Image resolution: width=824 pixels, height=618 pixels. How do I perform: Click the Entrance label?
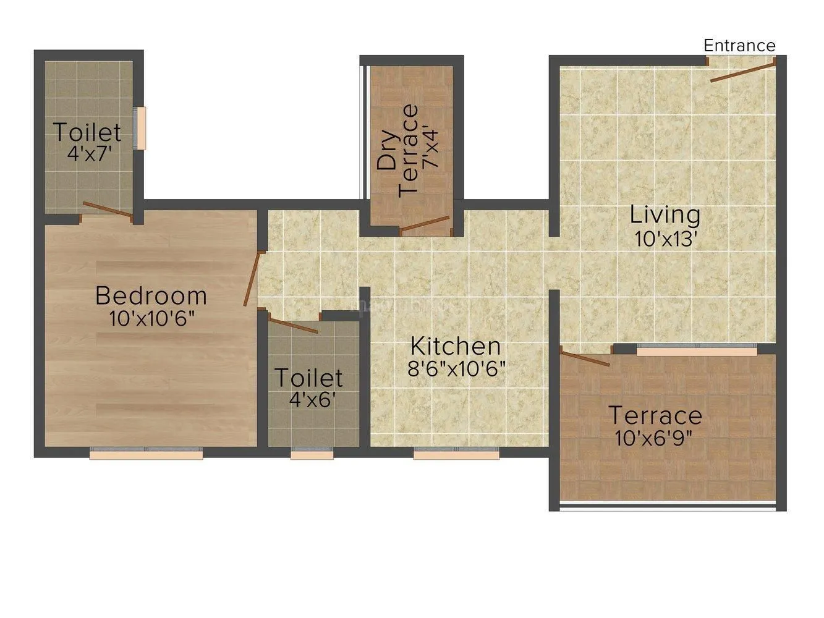point(739,46)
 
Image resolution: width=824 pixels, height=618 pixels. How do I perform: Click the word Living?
point(665,215)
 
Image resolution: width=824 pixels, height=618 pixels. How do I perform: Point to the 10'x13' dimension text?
point(666,239)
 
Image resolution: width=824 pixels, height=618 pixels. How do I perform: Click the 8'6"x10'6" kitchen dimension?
point(456,369)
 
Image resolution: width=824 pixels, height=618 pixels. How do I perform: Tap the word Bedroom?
point(151,296)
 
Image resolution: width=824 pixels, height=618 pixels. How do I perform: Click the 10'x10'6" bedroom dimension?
point(152,319)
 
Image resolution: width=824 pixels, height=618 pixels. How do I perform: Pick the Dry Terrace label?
point(399,150)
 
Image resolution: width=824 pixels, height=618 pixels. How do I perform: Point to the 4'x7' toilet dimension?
point(90,153)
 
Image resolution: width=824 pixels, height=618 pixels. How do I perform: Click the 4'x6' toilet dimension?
point(312,399)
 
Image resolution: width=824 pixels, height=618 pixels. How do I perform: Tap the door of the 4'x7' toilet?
point(108,210)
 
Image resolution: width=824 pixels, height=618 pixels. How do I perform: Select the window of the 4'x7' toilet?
point(142,128)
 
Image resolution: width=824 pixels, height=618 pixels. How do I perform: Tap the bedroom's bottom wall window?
point(146,455)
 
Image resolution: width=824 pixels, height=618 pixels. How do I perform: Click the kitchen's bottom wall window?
point(456,455)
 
